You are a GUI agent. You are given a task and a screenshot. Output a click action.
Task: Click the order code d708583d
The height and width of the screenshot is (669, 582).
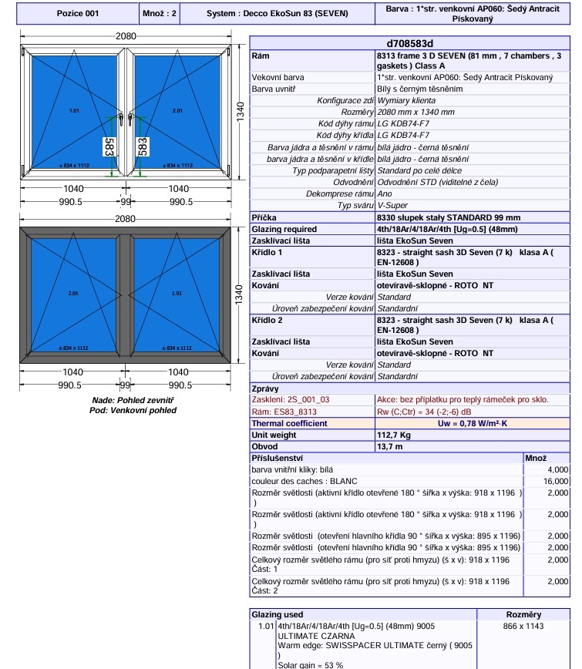click(x=409, y=44)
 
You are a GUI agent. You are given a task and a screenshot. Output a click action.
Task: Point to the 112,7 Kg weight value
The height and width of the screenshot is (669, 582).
click(x=394, y=435)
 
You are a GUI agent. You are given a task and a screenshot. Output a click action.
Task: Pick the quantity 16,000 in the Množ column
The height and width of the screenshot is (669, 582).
click(x=557, y=481)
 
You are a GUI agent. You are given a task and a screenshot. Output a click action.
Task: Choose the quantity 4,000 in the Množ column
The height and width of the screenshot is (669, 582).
click(x=557, y=469)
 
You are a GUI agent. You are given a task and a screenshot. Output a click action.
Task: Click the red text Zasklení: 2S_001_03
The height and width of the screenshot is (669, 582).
click(x=291, y=400)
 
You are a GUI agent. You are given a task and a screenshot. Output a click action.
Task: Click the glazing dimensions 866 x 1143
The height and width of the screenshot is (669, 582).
click(x=523, y=627)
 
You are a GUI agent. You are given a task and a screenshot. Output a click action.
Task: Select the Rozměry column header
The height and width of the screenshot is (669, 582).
click(x=523, y=614)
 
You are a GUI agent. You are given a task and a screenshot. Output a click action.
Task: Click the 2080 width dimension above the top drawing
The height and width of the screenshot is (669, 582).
click(x=126, y=36)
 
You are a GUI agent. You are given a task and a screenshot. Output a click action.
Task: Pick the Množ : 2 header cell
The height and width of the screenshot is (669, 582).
click(x=160, y=14)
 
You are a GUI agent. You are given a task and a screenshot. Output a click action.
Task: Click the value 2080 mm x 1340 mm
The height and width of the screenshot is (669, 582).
click(x=415, y=112)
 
